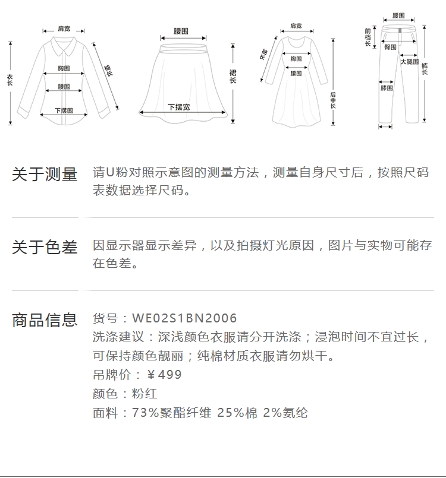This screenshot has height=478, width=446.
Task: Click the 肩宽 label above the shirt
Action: click(64, 28)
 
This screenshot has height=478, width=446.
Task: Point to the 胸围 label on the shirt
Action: click(64, 68)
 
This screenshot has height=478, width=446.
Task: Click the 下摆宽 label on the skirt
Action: click(178, 107)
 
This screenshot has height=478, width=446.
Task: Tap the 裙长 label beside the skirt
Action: click(233, 76)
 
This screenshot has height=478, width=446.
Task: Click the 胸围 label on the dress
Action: click(296, 59)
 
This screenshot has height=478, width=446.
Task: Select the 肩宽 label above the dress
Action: click(296, 26)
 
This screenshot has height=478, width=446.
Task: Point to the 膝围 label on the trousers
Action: click(387, 88)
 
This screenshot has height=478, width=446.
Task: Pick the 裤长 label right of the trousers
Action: click(424, 68)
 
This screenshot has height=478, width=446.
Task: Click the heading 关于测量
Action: click(45, 175)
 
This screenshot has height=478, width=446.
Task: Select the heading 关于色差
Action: click(45, 247)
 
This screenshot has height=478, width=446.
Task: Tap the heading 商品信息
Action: click(45, 320)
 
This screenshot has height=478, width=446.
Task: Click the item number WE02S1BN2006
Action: click(184, 319)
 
